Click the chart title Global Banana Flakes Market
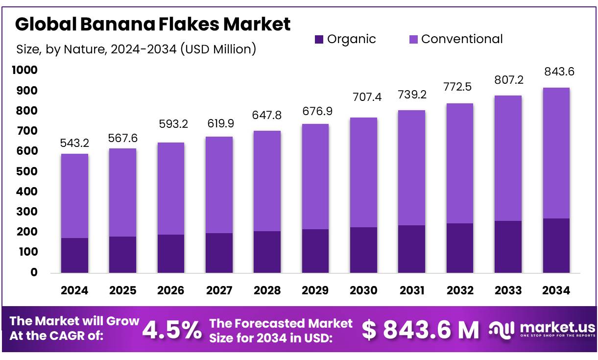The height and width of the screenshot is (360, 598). (x=153, y=24)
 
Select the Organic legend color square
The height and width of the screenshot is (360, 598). (x=319, y=39)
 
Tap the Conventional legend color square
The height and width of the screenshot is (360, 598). (x=413, y=39)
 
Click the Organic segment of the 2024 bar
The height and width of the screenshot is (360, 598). (x=74, y=255)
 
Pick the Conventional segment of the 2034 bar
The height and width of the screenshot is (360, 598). (x=556, y=153)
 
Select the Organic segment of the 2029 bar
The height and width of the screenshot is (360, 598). (x=315, y=251)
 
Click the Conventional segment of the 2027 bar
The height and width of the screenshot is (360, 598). (x=219, y=185)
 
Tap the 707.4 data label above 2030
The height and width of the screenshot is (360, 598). (x=363, y=97)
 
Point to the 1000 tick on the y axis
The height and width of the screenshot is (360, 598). (x=24, y=71)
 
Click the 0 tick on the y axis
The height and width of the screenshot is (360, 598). (x=34, y=272)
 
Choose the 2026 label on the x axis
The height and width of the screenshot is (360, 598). (x=171, y=290)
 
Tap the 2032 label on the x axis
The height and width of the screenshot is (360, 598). (x=460, y=290)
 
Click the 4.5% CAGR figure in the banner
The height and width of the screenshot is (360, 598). (x=172, y=331)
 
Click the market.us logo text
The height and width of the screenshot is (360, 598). (x=557, y=327)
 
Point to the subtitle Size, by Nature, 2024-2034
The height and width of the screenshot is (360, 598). (x=136, y=49)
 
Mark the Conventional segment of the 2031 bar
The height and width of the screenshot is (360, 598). (x=411, y=168)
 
